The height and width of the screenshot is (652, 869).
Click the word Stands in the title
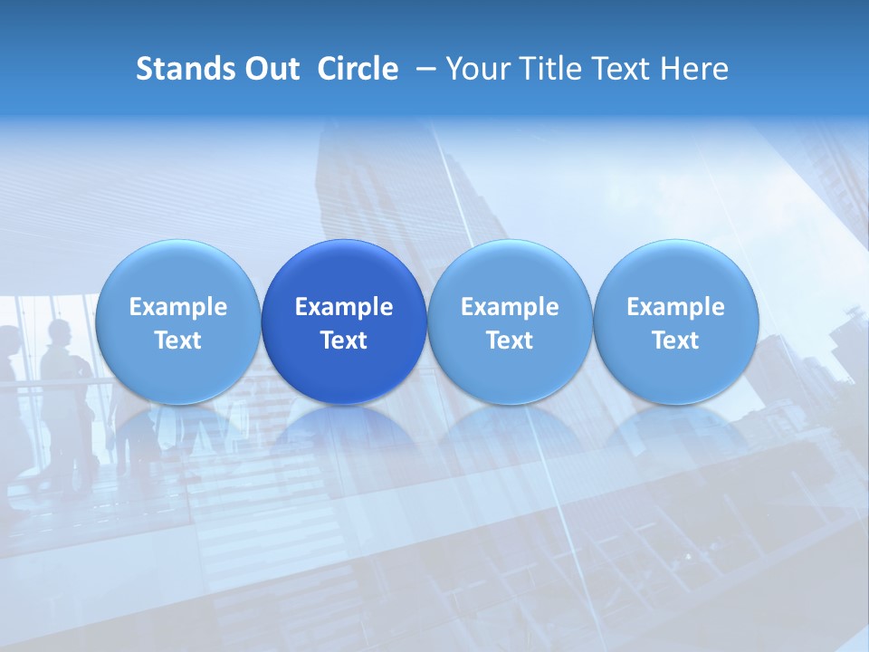(x=186, y=69)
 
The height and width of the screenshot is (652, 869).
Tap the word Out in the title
(x=270, y=69)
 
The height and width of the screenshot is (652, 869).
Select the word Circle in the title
(x=358, y=69)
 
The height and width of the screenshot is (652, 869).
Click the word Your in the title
(x=475, y=69)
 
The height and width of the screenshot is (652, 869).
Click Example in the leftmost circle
(x=177, y=307)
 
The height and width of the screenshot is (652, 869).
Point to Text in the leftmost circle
(x=177, y=340)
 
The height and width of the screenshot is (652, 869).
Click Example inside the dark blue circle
(x=344, y=307)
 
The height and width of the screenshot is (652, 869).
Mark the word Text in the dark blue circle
(x=344, y=340)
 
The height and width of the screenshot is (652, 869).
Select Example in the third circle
(x=510, y=307)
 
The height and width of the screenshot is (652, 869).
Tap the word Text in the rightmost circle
(x=675, y=340)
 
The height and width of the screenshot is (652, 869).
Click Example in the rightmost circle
(x=675, y=307)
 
